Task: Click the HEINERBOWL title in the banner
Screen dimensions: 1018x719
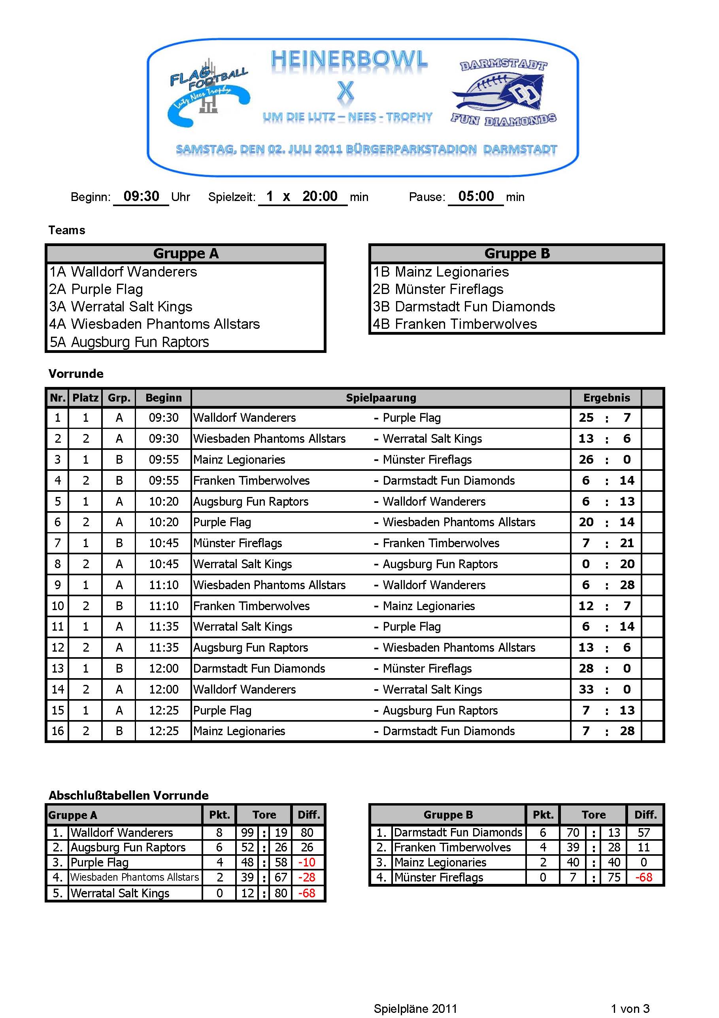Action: tap(349, 59)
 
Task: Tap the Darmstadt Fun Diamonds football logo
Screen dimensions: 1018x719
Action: tap(503, 93)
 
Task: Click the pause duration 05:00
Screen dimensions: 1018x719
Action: tap(476, 196)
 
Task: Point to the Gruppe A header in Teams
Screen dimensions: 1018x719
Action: tap(186, 254)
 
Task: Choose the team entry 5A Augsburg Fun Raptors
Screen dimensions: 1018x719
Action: tap(129, 342)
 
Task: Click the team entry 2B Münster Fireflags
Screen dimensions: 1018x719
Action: tap(438, 289)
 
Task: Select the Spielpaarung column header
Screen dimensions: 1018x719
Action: tap(381, 398)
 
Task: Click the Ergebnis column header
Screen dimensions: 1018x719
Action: tap(606, 398)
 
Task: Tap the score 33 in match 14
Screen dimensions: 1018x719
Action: tap(586, 689)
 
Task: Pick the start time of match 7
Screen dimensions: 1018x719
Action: tap(164, 543)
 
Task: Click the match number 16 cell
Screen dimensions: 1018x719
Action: tap(58, 731)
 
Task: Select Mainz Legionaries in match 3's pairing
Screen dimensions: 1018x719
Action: tap(239, 459)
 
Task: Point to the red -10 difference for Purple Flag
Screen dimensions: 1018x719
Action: tap(307, 862)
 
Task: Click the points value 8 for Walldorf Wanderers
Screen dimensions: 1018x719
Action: tap(219, 832)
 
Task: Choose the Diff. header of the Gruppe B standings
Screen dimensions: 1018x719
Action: tap(645, 815)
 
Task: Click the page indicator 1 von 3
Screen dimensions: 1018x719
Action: tap(630, 1009)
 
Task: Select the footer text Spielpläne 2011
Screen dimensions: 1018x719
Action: tap(415, 1009)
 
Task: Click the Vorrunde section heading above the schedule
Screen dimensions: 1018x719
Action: tap(76, 373)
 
